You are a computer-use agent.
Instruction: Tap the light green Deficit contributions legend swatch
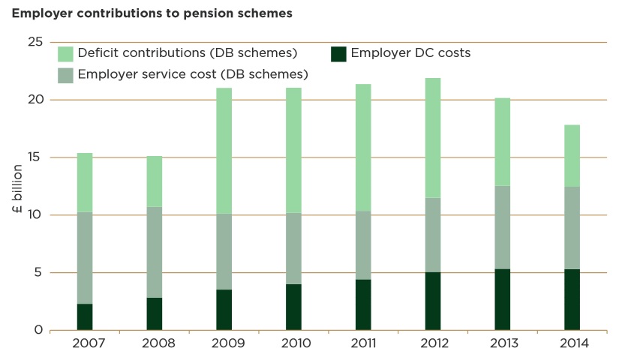click(x=65, y=54)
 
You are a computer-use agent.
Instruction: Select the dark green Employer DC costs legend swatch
click(x=338, y=54)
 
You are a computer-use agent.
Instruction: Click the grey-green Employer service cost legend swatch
click(x=65, y=74)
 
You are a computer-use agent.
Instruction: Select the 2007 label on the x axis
click(x=84, y=344)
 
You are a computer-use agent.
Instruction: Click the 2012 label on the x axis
click(x=433, y=344)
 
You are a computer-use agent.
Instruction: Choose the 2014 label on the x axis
click(x=572, y=344)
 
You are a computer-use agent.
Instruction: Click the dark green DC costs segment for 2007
click(x=84, y=316)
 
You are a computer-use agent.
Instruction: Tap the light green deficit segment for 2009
click(x=224, y=151)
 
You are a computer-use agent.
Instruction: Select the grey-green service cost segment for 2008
click(x=154, y=252)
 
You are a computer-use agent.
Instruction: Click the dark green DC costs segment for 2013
click(x=503, y=299)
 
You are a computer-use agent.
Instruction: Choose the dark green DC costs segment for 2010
click(x=293, y=307)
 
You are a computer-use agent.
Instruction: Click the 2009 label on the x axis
click(x=224, y=344)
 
